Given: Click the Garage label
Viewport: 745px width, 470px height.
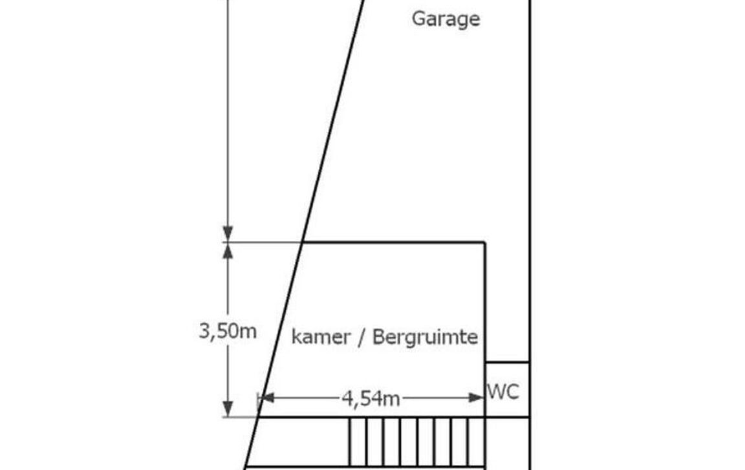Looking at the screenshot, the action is coord(446,19).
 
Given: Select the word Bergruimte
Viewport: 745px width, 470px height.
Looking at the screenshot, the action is coord(425,337).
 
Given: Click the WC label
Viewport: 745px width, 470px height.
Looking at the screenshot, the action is coord(503,392).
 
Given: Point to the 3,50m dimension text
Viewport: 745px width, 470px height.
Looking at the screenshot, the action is coord(228,331).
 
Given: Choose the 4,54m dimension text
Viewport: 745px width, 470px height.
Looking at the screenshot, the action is coord(371,398).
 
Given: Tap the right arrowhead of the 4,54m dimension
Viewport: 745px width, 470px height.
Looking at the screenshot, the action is coord(476,398).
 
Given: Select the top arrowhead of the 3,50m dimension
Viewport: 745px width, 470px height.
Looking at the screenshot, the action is coord(228,250).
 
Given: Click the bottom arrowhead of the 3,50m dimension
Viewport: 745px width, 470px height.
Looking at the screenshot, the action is coord(228,409).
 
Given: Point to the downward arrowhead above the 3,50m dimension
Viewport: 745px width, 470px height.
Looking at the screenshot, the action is coord(228,234).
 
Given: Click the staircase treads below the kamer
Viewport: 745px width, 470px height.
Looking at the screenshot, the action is coord(417,442).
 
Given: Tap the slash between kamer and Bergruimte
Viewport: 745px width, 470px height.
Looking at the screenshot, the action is coord(361,337).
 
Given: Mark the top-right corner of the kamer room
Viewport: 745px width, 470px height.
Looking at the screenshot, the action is coord(484,242).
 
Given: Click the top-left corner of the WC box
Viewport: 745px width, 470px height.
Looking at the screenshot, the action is coord(485,362).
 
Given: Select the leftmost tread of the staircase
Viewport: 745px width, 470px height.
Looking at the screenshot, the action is coord(358,442).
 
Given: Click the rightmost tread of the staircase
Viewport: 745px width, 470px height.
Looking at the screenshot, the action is coord(477,442).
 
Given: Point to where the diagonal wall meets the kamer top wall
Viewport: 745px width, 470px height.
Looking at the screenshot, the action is coord(303,242).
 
